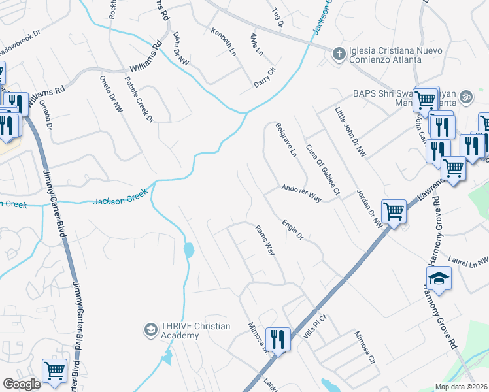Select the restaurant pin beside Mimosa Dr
point(278,339)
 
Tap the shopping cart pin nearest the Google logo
point(55,370)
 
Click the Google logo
point(22,384)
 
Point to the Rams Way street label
point(264,239)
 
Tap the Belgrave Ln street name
point(286,140)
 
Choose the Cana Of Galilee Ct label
point(323,170)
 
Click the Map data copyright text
point(461,387)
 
